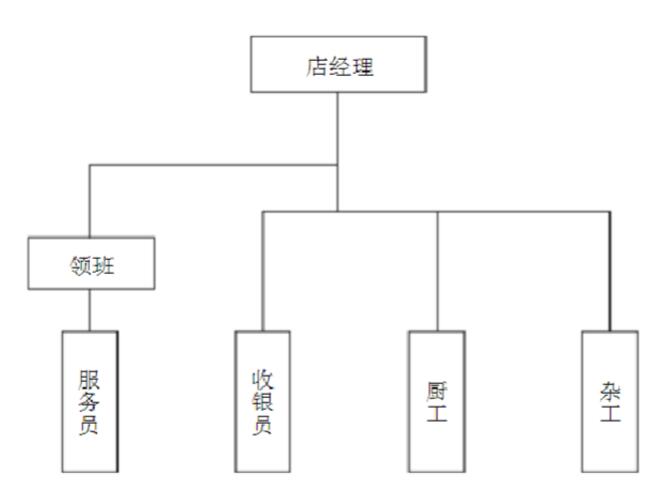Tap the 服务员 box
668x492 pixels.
90,401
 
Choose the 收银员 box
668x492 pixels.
263,401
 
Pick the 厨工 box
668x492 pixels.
437,401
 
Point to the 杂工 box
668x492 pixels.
610,401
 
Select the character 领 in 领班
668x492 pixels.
79,266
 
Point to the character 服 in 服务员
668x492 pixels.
90,379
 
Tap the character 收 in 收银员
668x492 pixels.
263,380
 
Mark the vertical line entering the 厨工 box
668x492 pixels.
437,270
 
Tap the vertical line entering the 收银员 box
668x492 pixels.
263,270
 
